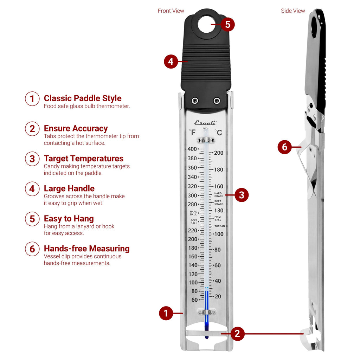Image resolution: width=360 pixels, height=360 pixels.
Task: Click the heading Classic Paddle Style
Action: point(83,98)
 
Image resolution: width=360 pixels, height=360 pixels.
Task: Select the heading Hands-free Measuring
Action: point(86,249)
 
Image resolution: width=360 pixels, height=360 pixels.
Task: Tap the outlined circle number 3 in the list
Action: point(32,159)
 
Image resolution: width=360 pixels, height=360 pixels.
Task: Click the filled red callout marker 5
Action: point(227,25)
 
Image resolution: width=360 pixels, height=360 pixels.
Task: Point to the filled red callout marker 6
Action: point(284,147)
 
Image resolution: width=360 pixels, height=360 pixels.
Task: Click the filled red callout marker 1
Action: point(166,313)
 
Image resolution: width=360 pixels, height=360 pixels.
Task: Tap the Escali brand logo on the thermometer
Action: point(206,123)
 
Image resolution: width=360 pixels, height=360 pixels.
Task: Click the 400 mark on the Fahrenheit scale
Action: point(192,149)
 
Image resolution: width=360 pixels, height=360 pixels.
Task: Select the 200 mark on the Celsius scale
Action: point(219,153)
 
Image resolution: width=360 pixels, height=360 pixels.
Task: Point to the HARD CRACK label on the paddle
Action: point(218,194)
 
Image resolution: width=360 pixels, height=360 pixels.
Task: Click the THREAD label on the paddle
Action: point(220,226)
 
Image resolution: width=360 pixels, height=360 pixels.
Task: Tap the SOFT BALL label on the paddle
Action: point(194,221)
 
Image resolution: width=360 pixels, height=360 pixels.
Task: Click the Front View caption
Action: point(171,11)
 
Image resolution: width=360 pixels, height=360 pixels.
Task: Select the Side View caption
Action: point(293,11)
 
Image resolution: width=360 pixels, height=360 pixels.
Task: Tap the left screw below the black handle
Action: point(195,101)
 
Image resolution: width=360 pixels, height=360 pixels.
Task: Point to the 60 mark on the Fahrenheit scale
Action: point(194,300)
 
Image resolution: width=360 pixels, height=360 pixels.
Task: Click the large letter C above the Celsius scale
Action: point(219,133)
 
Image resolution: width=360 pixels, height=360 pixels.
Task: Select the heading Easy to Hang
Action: point(69,219)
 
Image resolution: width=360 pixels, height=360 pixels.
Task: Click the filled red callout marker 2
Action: point(237,333)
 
